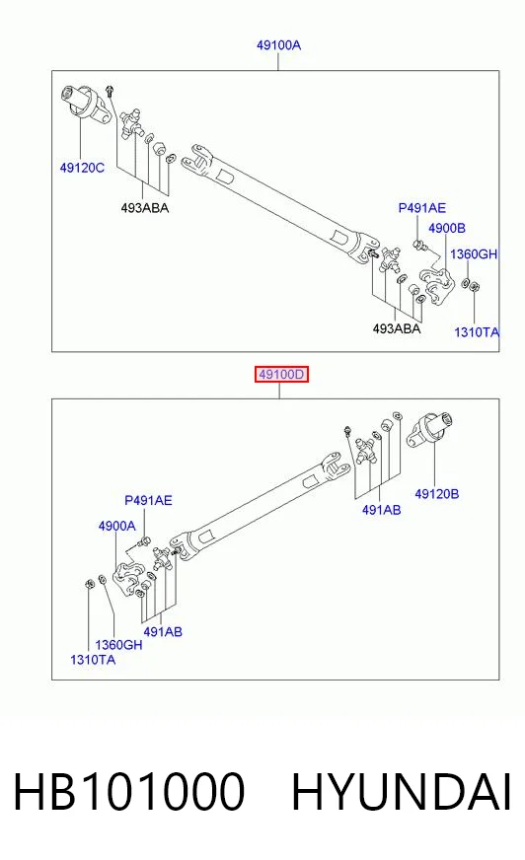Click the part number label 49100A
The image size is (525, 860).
[x=278, y=45]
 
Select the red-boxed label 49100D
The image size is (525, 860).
[x=281, y=375]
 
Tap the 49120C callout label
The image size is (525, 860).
[x=82, y=168]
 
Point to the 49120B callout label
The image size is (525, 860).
[x=436, y=494]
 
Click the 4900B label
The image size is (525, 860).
[x=447, y=228]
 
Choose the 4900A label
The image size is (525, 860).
[x=116, y=526]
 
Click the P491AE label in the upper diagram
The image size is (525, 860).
[x=421, y=208]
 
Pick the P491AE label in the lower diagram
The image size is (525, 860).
[x=148, y=500]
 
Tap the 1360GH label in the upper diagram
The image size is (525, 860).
[x=474, y=253]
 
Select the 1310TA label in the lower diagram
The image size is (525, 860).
[x=93, y=659]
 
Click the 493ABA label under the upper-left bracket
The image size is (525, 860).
[x=145, y=208]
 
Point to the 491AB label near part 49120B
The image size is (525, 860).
[x=381, y=510]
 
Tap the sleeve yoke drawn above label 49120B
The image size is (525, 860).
[x=429, y=429]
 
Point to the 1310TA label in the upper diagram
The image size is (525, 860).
[x=477, y=331]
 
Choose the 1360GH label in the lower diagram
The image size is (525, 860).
[x=118, y=644]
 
